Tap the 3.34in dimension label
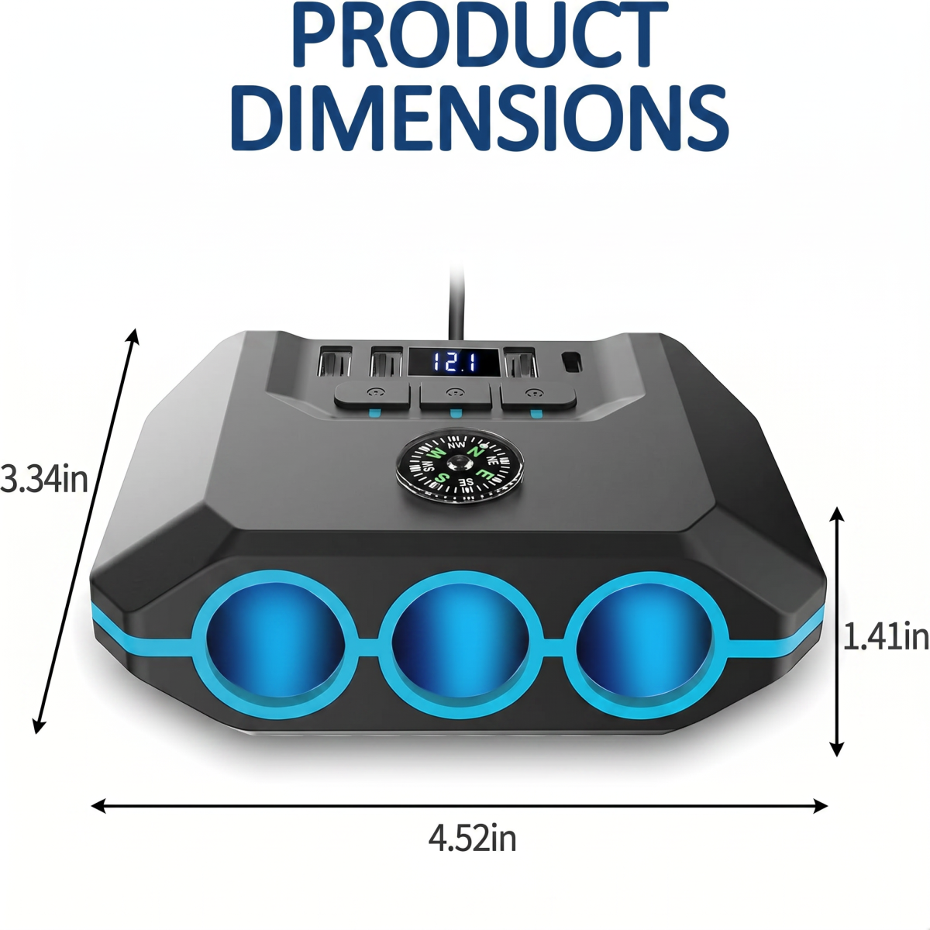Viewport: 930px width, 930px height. click(44, 480)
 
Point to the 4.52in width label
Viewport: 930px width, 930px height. click(472, 839)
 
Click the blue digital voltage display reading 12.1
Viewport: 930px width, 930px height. click(453, 362)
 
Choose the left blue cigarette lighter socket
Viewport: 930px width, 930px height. click(275, 647)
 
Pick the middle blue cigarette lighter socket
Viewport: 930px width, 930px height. click(461, 647)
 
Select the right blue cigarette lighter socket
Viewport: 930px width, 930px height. click(646, 646)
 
